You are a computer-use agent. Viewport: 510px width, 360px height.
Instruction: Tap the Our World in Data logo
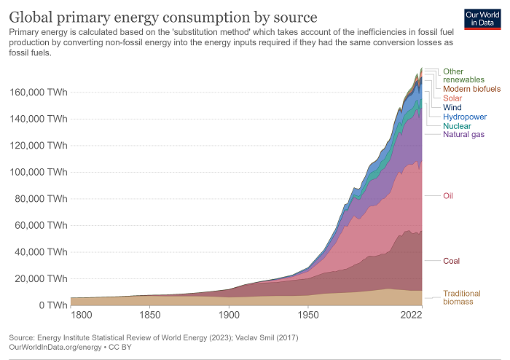pyautogui.click(x=482, y=19)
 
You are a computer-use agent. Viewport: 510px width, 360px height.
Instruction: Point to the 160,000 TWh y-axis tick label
pyautogui.click(x=39, y=93)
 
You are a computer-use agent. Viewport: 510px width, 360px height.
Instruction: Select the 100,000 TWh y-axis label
pyautogui.click(x=39, y=172)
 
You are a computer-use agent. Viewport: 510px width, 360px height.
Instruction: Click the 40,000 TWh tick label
pyautogui.click(x=41, y=252)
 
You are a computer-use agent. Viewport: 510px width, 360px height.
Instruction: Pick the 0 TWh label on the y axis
pyautogui.click(x=53, y=305)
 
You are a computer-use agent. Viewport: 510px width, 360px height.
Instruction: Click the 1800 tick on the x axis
pyautogui.click(x=82, y=316)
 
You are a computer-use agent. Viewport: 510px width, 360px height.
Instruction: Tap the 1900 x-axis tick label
pyautogui.click(x=229, y=316)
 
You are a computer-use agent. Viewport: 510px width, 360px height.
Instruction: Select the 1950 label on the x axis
pyautogui.click(x=308, y=316)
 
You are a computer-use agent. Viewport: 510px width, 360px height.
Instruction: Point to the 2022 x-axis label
pyautogui.click(x=411, y=316)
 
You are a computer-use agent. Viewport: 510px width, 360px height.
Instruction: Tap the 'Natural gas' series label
pyautogui.click(x=464, y=134)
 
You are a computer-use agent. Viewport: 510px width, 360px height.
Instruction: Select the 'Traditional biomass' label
pyautogui.click(x=461, y=297)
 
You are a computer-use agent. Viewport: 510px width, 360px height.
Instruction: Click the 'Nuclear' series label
pyautogui.click(x=458, y=125)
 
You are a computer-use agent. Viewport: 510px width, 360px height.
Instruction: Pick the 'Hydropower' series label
pyautogui.click(x=465, y=117)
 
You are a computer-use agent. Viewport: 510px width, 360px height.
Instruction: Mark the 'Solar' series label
pyautogui.click(x=452, y=98)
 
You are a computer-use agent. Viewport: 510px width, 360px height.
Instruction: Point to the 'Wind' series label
pyautogui.click(x=452, y=107)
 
